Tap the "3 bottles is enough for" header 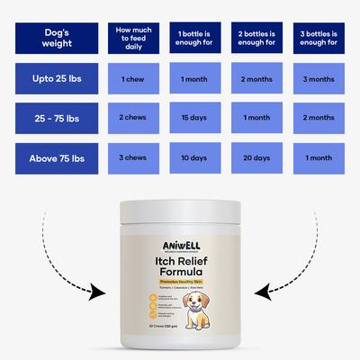point(318,39)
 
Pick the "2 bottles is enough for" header point(256,39)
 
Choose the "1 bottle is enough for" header point(195,39)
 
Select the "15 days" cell point(195,119)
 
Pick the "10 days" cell point(195,157)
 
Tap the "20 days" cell point(256,157)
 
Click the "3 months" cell point(318,79)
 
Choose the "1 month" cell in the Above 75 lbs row point(318,157)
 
